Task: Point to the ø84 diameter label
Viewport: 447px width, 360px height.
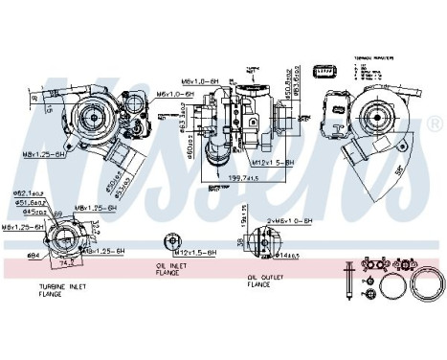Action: tap(32, 255)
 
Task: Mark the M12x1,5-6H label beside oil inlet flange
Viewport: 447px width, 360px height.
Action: tap(200, 251)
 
